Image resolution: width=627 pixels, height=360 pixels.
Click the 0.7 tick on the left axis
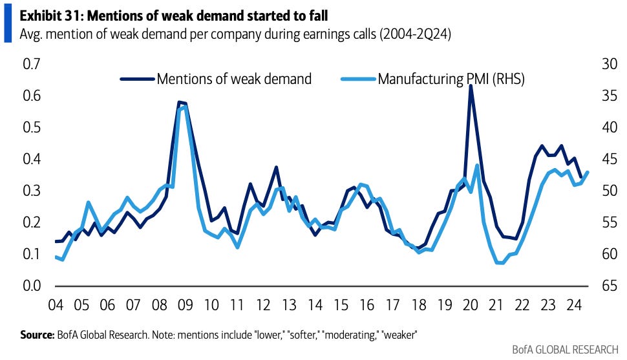pyautogui.click(x=32, y=64)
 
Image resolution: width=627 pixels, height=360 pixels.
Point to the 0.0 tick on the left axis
pyautogui.click(x=32, y=286)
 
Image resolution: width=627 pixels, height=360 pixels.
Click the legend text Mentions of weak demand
pyautogui.click(x=234, y=79)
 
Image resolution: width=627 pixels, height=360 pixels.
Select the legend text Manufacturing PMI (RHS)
pyautogui.click(x=451, y=79)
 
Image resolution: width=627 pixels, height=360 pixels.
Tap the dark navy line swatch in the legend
pyautogui.click(x=137, y=79)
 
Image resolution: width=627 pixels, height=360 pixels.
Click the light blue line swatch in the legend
pyautogui.click(x=358, y=79)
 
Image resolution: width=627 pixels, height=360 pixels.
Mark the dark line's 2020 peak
pyautogui.click(x=471, y=86)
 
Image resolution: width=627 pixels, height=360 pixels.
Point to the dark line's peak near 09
pyautogui.click(x=179, y=102)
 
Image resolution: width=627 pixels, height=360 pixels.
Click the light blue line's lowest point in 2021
pyautogui.click(x=499, y=262)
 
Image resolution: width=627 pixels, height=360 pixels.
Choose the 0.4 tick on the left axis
pyautogui.click(x=32, y=159)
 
